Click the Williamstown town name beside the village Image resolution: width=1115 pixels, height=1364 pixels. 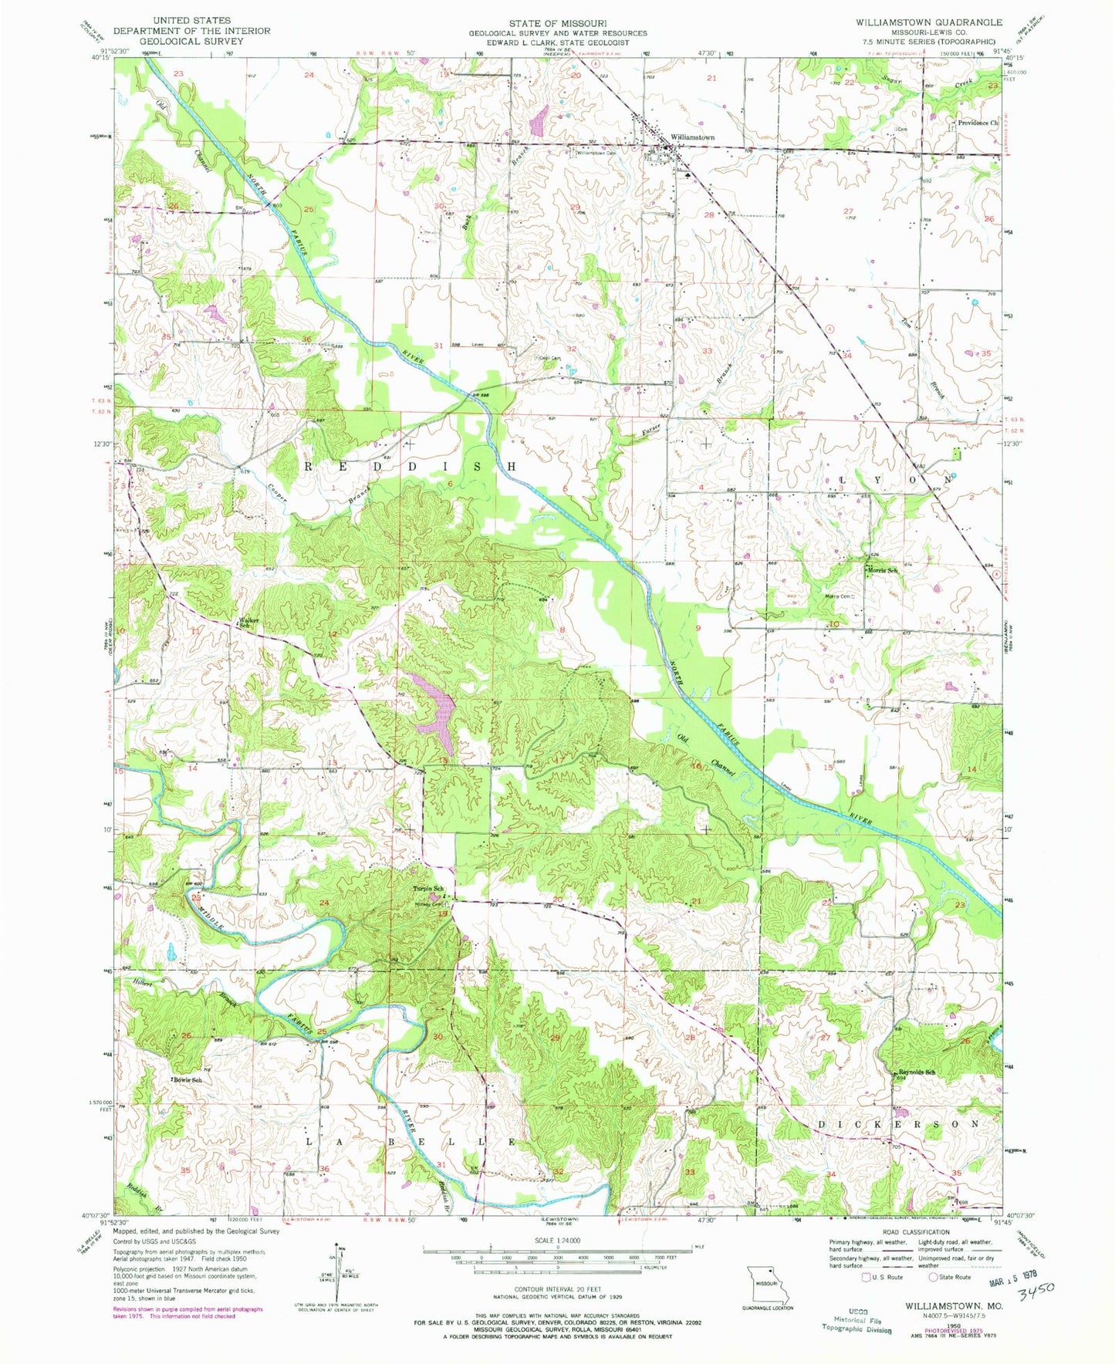click(692, 137)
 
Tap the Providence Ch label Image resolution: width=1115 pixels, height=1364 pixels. click(978, 123)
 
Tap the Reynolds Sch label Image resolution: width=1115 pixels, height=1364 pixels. click(917, 1072)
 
